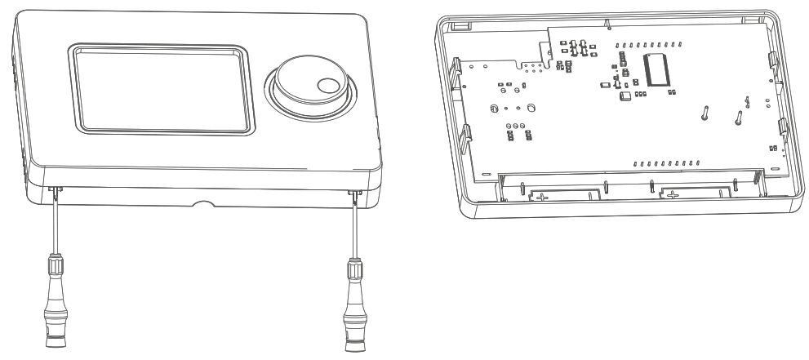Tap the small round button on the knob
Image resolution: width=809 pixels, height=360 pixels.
pyautogui.click(x=329, y=86)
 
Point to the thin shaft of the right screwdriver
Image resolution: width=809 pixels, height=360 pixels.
pyautogui.click(x=355, y=224)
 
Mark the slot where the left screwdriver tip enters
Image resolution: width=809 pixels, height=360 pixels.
pyautogui.click(x=55, y=190)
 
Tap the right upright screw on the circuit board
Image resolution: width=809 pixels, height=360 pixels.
pyautogui.click(x=739, y=118)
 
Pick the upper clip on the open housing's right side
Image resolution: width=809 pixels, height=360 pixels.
pyautogui.click(x=773, y=60)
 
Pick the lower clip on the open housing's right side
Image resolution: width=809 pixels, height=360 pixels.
pyautogui.click(x=780, y=126)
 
